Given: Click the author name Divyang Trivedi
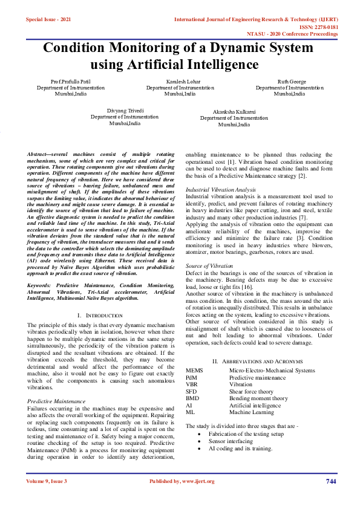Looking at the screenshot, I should click(125, 111).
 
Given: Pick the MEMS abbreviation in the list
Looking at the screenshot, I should click(194, 371).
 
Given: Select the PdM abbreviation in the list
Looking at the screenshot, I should click(192, 377).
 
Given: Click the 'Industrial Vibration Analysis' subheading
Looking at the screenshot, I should click(220, 190).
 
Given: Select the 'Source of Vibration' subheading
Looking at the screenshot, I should click(209, 266).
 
